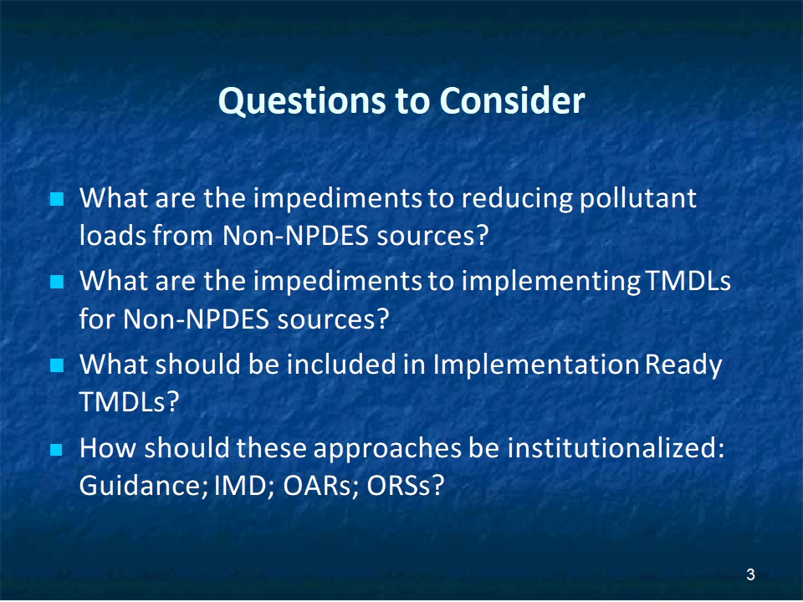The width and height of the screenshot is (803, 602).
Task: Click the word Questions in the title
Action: pos(303,102)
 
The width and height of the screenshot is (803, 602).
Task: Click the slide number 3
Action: pos(750,575)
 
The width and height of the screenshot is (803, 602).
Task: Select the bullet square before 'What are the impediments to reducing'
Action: pos(57,199)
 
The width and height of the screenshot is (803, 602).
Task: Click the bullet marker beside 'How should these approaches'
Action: pos(57,450)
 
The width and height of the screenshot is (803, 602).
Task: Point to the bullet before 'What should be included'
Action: pos(57,365)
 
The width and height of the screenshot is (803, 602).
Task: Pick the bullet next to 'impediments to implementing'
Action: pos(57,282)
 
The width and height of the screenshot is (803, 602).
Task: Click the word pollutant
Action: pos(638,199)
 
